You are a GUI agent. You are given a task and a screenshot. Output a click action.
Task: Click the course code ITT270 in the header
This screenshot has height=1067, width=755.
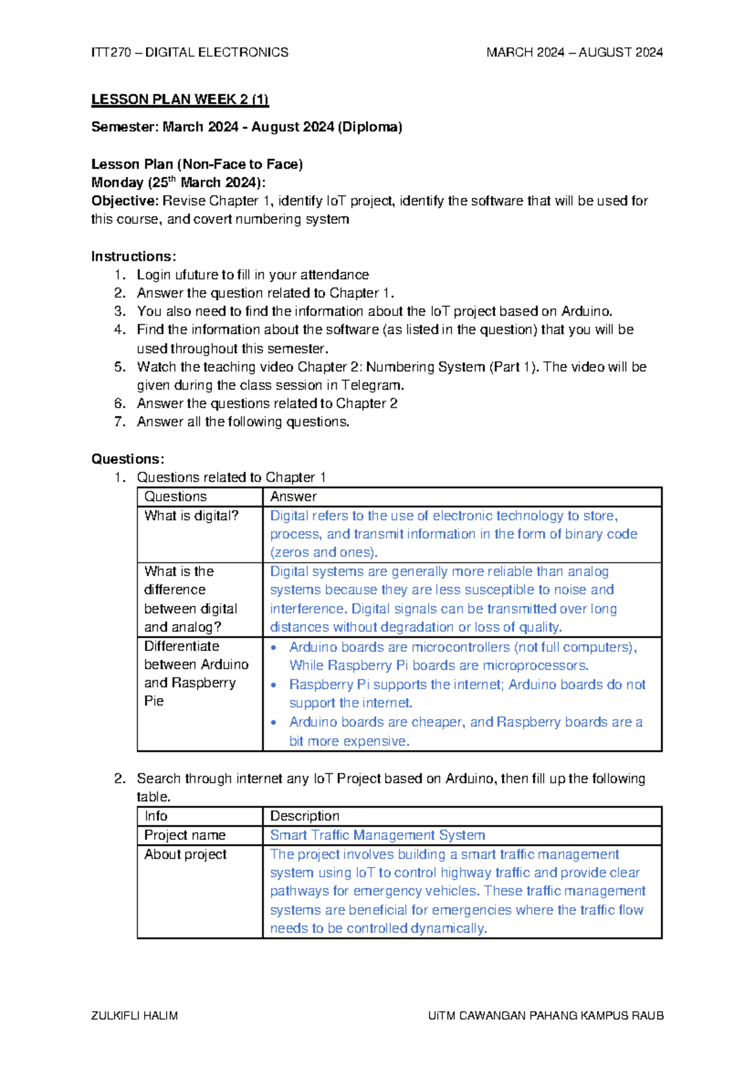110,52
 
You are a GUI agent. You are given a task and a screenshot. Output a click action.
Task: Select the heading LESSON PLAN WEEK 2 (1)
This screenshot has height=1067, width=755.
180,99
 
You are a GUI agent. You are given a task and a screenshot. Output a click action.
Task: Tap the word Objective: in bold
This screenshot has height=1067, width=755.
125,201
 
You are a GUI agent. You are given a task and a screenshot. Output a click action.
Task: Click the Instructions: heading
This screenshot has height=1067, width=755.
133,256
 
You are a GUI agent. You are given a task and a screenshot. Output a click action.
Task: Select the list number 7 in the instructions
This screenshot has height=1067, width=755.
120,422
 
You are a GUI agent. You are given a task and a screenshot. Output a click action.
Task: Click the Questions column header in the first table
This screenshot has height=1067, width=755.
176,496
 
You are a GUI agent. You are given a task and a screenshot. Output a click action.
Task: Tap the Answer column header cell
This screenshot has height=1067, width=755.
293,496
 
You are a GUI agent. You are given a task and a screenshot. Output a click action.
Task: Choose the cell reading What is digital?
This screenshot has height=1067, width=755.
191,516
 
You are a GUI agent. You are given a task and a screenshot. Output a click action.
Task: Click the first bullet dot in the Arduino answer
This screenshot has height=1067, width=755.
274,647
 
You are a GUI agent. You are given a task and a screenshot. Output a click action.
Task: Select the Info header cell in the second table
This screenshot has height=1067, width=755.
156,816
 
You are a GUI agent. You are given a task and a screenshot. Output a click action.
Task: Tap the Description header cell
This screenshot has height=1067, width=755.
305,816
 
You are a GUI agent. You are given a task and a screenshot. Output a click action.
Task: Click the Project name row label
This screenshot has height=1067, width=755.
185,835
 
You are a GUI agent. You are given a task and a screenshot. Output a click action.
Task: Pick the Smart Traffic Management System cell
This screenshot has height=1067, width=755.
377,835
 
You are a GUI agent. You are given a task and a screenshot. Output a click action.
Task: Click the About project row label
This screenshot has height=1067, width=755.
186,854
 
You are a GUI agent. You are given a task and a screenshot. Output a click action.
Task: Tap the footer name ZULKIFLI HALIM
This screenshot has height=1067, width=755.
135,1015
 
